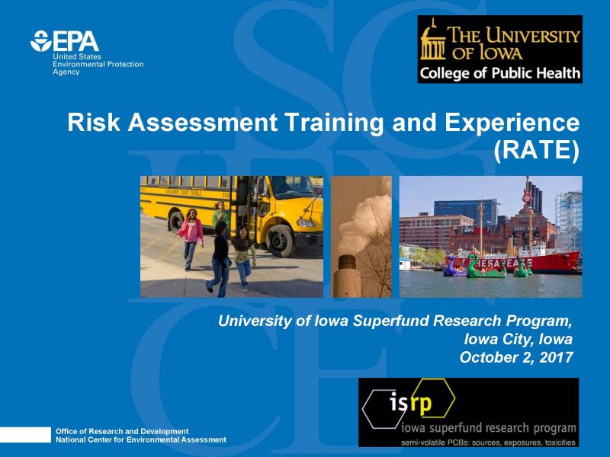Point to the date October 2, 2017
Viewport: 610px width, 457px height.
[x=516, y=356]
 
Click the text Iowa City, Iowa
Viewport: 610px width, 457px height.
[x=518, y=338]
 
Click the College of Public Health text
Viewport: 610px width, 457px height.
[x=499, y=73]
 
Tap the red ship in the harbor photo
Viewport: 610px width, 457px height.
[x=549, y=259]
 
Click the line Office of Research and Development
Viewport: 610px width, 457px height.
[x=122, y=431]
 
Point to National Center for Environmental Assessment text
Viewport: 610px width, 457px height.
[x=141, y=439]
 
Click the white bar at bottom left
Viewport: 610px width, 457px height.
[x=24, y=435]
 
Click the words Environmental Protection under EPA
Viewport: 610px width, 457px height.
[x=98, y=65]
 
